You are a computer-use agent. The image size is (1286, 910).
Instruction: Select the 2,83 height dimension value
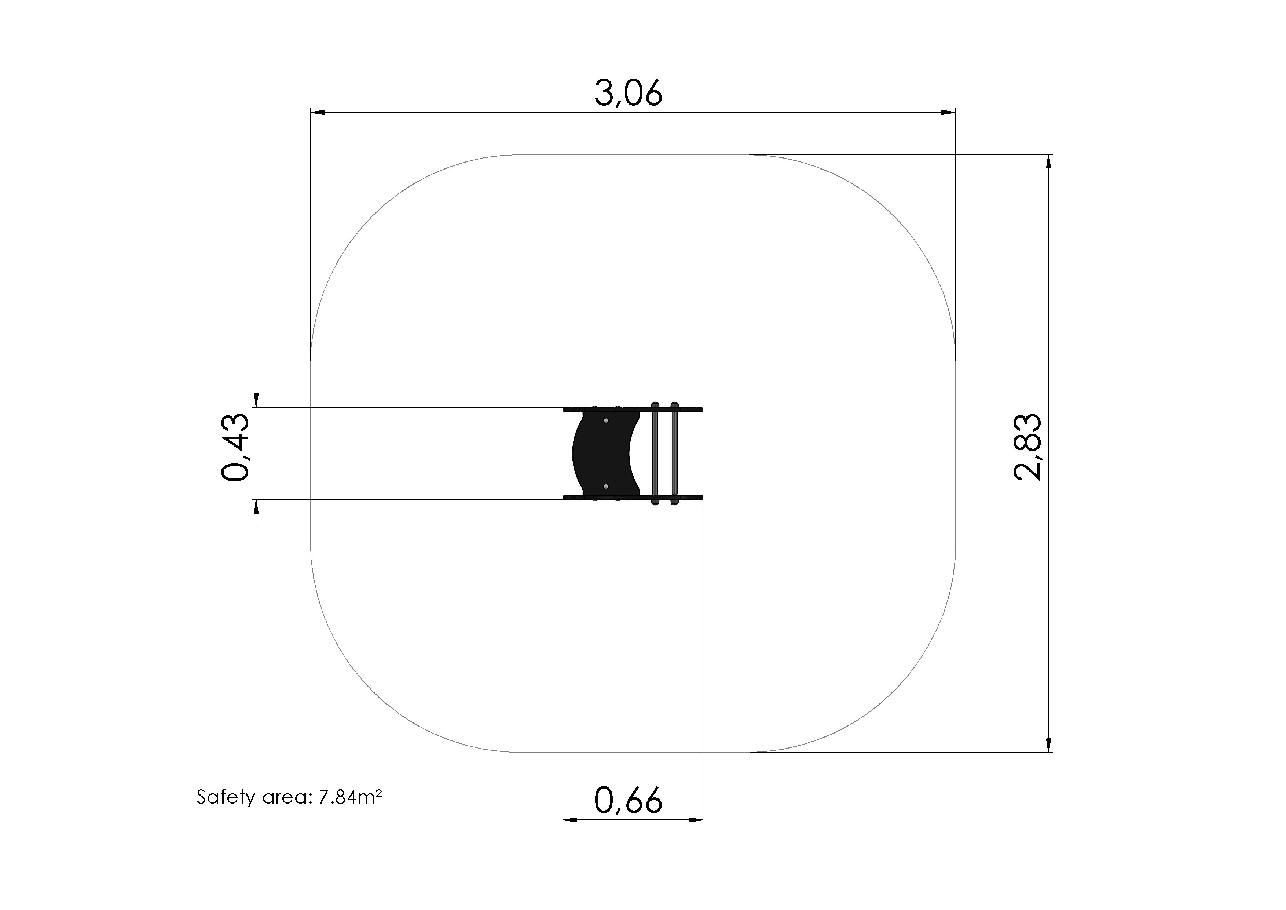click(x=1028, y=447)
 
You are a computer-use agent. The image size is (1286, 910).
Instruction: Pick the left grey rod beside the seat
click(x=655, y=453)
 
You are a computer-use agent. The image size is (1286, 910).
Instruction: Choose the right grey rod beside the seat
click(x=674, y=453)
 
